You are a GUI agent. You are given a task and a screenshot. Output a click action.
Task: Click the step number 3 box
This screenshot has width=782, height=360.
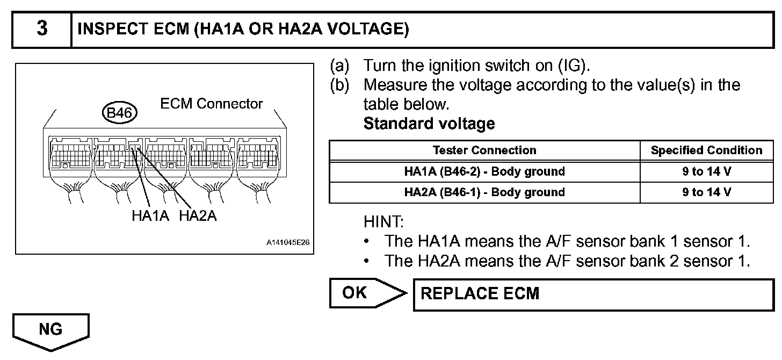41,28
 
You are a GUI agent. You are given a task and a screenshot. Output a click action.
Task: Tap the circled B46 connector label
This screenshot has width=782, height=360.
120,113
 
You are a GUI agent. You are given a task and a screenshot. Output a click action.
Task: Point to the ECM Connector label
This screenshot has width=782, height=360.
212,103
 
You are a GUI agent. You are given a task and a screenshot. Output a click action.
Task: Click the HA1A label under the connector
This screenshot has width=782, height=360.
150,217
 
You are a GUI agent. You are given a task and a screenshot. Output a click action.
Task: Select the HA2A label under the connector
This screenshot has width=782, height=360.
198,217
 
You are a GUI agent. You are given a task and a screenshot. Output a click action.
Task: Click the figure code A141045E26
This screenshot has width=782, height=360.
288,243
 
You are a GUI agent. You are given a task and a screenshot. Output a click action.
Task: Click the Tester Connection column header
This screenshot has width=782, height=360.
484,150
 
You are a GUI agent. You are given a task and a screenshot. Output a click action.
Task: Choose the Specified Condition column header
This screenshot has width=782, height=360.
706,150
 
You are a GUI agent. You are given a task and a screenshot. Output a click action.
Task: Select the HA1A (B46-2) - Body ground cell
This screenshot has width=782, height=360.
484,172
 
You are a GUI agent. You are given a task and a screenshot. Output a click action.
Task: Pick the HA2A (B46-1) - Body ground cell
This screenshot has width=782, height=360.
484,192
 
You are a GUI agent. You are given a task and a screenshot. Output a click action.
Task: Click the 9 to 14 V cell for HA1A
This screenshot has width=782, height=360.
706,172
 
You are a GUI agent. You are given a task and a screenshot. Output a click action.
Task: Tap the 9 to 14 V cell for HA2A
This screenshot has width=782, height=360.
706,192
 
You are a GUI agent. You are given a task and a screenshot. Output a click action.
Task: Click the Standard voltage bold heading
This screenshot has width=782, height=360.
429,124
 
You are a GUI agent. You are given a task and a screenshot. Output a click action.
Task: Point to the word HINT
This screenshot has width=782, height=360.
383,221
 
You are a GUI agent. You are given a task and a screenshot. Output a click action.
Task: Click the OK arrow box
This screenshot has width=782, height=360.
365,293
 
